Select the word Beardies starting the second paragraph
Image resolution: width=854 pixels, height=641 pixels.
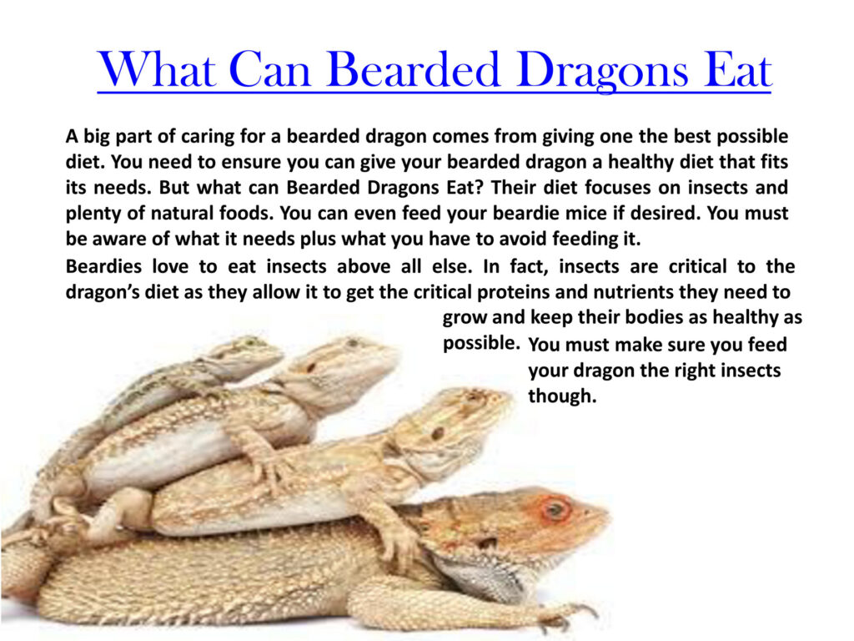[103, 266]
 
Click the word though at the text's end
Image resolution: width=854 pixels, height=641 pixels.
[562, 396]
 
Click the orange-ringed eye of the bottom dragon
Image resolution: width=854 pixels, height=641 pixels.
[555, 509]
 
